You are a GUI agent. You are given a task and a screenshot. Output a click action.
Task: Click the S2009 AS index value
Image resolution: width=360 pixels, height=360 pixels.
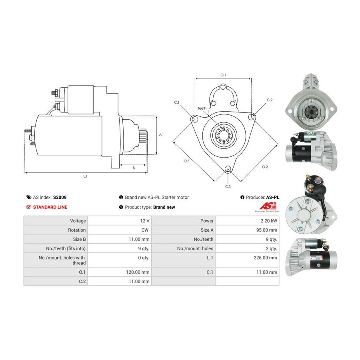tap(60, 197)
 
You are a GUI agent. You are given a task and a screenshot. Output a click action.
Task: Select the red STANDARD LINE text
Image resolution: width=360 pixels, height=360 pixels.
tap(50, 207)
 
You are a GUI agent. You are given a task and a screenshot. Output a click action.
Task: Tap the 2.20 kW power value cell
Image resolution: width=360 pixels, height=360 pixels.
tap(269, 221)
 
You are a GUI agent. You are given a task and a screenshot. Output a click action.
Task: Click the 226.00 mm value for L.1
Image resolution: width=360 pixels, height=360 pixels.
tap(266, 258)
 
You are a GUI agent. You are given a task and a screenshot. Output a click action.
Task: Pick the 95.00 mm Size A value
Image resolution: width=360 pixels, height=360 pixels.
tap(266, 230)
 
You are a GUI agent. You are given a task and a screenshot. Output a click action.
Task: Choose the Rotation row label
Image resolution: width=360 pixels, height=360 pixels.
tap(77, 230)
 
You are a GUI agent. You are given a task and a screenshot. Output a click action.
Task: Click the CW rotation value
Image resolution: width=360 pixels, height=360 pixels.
tap(145, 230)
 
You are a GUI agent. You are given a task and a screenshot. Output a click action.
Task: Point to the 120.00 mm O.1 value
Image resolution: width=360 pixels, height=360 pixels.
tap(138, 272)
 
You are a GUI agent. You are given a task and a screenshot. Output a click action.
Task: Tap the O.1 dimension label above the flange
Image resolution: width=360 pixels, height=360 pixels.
tap(223, 75)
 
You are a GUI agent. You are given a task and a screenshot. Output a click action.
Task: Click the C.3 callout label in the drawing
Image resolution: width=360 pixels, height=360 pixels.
tap(228, 187)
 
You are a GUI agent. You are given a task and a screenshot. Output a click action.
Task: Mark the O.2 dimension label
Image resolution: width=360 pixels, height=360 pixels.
tap(265, 167)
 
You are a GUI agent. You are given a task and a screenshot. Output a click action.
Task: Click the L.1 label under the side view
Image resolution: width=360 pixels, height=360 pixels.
tap(85, 176)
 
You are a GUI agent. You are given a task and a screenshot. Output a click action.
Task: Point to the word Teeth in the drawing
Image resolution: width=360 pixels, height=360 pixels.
tap(202, 108)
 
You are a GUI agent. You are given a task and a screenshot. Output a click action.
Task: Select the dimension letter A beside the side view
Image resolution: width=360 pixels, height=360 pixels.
tap(160, 135)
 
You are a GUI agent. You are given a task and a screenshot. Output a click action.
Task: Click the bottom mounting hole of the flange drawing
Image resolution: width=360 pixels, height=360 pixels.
tap(228, 169)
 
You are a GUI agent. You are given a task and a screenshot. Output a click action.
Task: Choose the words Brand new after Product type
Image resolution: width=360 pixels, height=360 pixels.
tap(164, 207)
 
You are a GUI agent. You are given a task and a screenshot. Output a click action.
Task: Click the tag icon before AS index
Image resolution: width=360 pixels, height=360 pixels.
tap(29, 197)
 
